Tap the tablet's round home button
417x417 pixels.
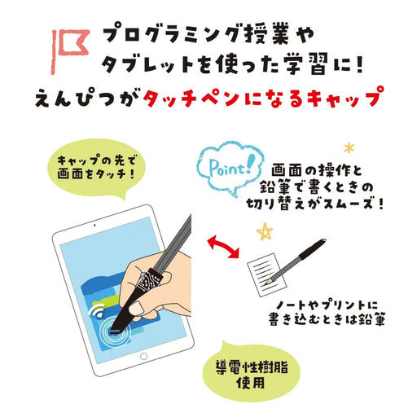144,356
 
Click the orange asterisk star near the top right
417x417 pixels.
350,149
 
